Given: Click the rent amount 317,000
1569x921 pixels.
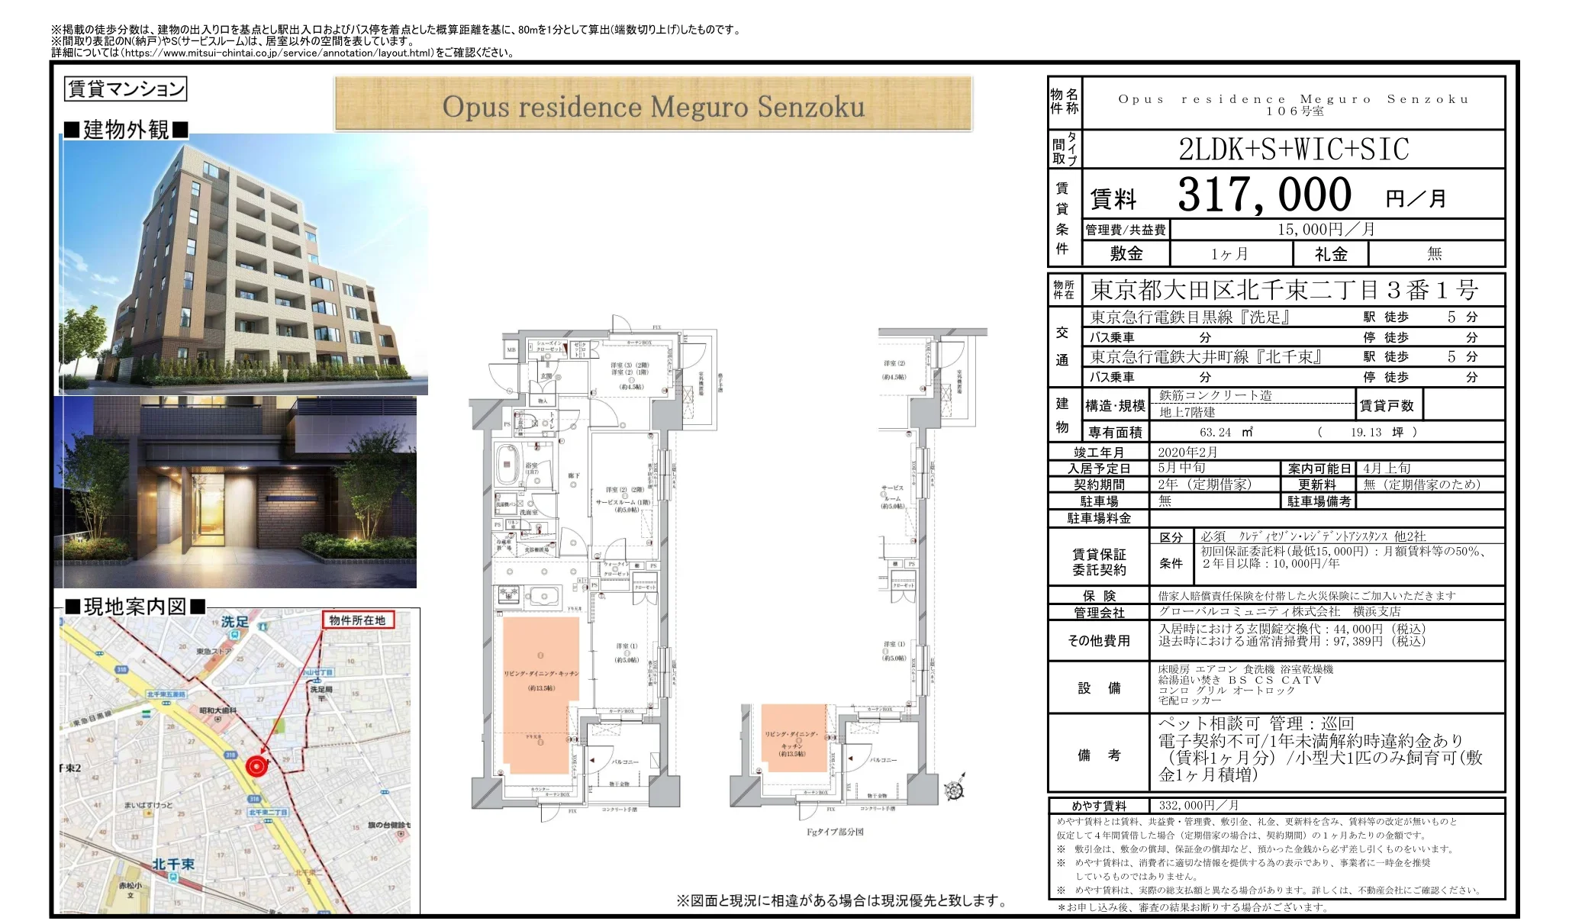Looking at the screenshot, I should tap(1264, 195).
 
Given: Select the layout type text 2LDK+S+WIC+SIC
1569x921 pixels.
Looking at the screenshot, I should tap(1294, 150).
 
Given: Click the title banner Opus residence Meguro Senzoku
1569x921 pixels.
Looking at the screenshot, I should tap(653, 106).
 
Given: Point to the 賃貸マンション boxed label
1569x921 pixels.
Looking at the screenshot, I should tap(126, 89).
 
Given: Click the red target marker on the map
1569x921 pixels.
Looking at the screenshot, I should tap(257, 765).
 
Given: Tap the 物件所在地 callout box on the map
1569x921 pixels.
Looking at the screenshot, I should tap(357, 620).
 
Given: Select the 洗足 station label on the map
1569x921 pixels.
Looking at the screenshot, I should tap(235, 623).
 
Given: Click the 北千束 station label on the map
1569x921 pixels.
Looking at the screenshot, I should tap(173, 864).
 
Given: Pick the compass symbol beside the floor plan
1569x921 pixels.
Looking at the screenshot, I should tap(953, 791).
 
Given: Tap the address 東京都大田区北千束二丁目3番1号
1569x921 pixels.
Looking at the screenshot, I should tap(1284, 290).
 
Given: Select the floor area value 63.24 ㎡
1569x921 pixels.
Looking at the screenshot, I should tap(1226, 432).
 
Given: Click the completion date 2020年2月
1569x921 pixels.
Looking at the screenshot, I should tap(1187, 452).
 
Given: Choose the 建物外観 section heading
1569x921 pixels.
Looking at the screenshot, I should tap(126, 130).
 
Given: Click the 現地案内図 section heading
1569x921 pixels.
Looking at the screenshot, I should tap(135, 607).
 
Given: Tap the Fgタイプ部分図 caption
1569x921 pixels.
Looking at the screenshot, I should tap(835, 832).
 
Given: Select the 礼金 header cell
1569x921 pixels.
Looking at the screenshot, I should tap(1330, 254).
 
